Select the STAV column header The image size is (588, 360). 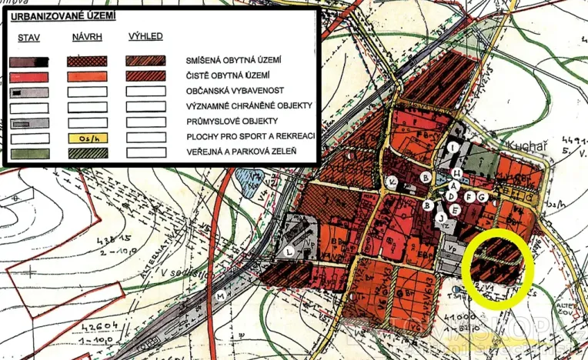[x=29, y=36]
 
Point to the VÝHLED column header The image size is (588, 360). [x=146, y=36]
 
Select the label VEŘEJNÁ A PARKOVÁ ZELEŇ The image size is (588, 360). [x=242, y=152]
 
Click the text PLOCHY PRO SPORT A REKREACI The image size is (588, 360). [x=247, y=137]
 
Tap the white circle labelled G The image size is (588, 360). [x=482, y=197]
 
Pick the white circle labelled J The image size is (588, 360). [x=442, y=217]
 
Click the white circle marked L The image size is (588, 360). [x=289, y=252]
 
